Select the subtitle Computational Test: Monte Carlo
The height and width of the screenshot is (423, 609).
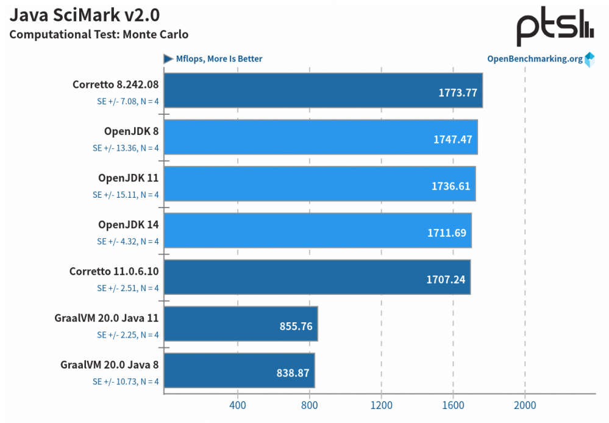(x=99, y=34)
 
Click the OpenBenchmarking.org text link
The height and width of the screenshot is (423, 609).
(x=534, y=59)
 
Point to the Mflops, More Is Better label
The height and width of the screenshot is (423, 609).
(x=219, y=59)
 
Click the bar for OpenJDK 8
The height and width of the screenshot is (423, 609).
(x=320, y=137)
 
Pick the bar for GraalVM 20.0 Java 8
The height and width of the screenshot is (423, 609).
(x=239, y=370)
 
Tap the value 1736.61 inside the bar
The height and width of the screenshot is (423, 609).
(x=452, y=186)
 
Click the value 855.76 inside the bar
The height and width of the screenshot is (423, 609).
(x=296, y=326)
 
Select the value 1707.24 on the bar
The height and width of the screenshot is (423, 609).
(x=448, y=280)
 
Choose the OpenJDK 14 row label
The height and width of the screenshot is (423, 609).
(x=129, y=225)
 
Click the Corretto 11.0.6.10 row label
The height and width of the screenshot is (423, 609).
(x=114, y=272)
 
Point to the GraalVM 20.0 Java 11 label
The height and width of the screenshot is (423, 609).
(x=107, y=318)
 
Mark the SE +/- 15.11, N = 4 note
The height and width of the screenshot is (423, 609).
(x=126, y=195)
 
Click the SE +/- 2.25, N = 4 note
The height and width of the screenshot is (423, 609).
(x=127, y=334)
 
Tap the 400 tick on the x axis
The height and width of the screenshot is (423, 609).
(x=237, y=405)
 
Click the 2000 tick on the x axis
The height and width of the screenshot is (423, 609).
(x=524, y=405)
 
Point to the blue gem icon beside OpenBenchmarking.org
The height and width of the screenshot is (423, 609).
(x=589, y=59)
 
